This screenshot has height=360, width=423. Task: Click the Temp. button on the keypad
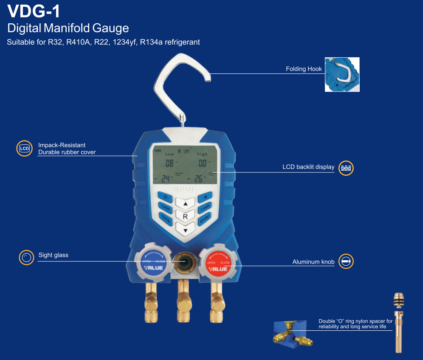point(166,218)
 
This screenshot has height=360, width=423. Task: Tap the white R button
point(185,217)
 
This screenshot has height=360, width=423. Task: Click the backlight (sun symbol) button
point(206,197)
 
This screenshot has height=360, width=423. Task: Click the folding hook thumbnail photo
point(342,74)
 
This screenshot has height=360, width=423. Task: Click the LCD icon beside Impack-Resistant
point(25,149)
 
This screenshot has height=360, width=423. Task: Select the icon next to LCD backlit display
point(347,168)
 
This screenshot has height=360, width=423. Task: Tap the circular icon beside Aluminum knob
point(347,262)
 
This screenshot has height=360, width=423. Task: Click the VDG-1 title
point(34,11)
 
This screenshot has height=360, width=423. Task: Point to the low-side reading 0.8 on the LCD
point(169,163)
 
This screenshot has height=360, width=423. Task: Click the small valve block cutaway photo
point(292,333)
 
